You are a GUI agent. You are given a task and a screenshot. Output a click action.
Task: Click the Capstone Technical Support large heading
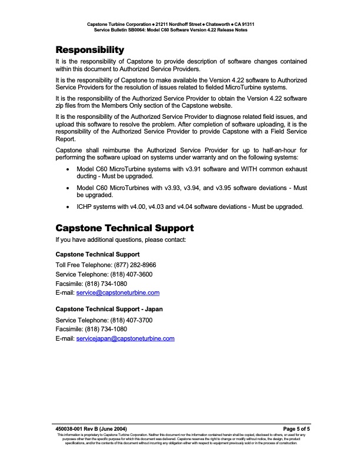click(124, 228)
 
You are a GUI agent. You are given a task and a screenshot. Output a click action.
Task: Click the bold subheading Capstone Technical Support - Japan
click(109, 308)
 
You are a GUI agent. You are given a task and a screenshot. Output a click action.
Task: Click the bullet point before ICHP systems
click(70, 207)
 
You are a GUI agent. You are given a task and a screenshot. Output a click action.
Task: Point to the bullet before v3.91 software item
click(70, 168)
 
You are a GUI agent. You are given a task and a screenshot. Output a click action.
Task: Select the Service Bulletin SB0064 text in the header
click(127, 29)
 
